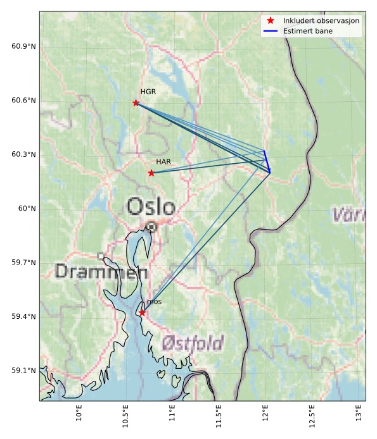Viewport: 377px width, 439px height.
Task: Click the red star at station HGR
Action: click(x=136, y=103)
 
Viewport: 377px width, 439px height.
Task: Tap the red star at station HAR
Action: click(x=151, y=173)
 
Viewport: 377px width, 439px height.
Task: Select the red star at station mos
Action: click(x=142, y=312)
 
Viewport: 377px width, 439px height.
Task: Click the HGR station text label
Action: click(x=148, y=92)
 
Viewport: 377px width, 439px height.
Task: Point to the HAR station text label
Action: click(x=163, y=162)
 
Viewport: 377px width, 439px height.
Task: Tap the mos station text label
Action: click(x=154, y=302)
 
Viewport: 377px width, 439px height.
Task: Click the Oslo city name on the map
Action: click(x=151, y=207)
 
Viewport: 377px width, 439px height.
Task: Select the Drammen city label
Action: click(x=101, y=272)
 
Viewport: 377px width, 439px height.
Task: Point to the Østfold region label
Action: click(x=192, y=343)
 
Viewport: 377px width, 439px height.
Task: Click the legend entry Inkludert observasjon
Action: click(x=321, y=20)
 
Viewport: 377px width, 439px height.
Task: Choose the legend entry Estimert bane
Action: click(x=312, y=30)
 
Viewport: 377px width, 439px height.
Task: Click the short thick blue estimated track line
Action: click(x=267, y=162)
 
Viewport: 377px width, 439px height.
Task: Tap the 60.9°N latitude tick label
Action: click(x=23, y=47)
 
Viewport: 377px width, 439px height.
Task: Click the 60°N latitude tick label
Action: click(x=27, y=209)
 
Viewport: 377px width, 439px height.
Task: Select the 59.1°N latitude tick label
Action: click(x=23, y=371)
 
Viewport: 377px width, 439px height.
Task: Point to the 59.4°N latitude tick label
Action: click(x=23, y=317)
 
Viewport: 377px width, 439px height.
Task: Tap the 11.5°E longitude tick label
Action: click(x=219, y=414)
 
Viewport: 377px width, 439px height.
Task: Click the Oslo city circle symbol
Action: click(x=152, y=226)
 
